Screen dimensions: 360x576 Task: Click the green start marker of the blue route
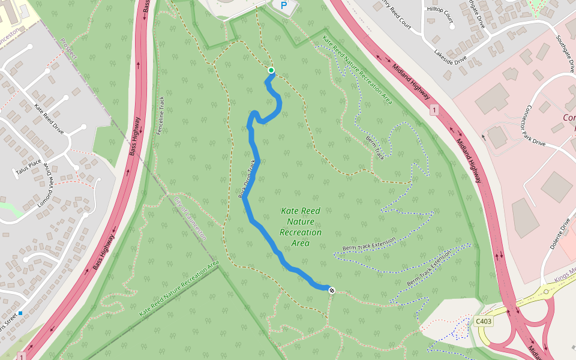[x=271, y=70]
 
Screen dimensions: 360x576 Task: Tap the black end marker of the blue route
[x=331, y=290]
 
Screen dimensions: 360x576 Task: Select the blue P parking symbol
[x=284, y=6]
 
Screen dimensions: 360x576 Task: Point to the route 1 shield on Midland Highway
[x=434, y=110]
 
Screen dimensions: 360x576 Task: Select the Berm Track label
[x=375, y=148]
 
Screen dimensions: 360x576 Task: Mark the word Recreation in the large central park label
[x=301, y=232]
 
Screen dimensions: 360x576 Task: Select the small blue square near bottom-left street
[x=20, y=313]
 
